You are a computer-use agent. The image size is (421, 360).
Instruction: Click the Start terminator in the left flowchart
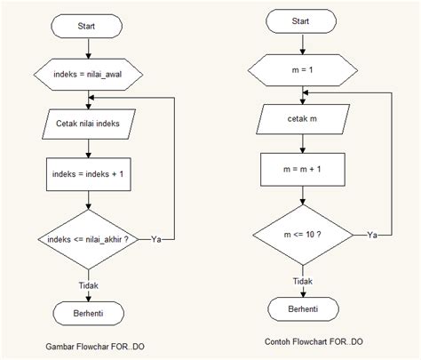pos(86,26)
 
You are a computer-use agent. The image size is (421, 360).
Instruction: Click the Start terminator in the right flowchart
pos(301,21)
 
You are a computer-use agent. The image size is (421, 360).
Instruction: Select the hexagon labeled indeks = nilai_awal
pos(88,75)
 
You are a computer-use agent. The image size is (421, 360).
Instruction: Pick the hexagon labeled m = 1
pos(303,70)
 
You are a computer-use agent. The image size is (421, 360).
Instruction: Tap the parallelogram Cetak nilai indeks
pos(89,124)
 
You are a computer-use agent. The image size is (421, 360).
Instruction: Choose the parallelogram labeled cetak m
pos(303,119)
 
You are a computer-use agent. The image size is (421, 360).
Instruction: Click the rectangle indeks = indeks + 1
pos(89,174)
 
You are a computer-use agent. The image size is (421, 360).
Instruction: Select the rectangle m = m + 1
pos(303,170)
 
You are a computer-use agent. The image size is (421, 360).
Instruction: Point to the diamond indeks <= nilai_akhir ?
pos(88,239)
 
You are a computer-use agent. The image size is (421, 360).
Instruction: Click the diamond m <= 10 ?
pos(303,235)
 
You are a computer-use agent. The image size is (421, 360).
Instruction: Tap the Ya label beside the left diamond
pos(156,239)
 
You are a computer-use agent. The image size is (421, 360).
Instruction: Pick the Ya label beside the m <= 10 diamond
pos(372,235)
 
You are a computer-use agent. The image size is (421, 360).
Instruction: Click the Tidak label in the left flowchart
pos(89,285)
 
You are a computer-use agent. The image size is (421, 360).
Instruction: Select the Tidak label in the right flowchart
pos(303,281)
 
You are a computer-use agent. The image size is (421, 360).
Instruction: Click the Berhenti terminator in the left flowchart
pos(89,314)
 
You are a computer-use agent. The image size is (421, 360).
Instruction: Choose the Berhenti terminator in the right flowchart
pos(303,309)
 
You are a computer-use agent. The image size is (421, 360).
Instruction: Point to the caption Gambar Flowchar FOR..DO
pos(95,347)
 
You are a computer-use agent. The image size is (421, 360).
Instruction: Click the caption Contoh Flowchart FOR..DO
pos(314,342)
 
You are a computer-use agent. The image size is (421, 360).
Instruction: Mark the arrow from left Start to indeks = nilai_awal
pos(88,48)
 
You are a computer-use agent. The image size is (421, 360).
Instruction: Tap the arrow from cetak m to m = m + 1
pos(303,144)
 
